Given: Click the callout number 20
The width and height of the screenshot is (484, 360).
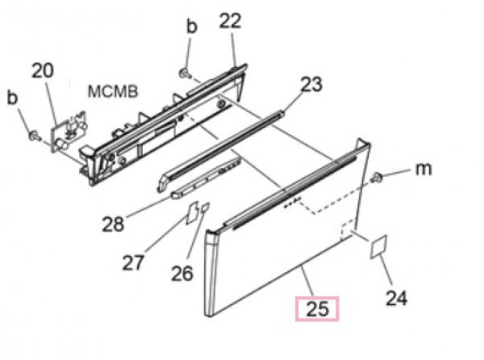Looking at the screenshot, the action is pyautogui.click(x=43, y=71).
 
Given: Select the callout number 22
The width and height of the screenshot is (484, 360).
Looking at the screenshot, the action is pyautogui.click(x=230, y=21).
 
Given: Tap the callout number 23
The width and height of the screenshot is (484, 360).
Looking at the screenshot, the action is pyautogui.click(x=311, y=84).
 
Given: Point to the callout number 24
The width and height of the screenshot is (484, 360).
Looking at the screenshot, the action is pyautogui.click(x=397, y=298).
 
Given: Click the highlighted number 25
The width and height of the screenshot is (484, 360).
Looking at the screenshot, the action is pyautogui.click(x=318, y=309).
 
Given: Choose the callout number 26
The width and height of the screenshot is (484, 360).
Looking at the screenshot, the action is pyautogui.click(x=182, y=274).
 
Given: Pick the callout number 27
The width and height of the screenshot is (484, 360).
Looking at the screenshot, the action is pyautogui.click(x=133, y=263).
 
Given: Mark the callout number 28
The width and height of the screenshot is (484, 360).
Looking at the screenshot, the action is pyautogui.click(x=113, y=224).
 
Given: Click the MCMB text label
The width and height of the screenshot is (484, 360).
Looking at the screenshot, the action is pyautogui.click(x=113, y=92).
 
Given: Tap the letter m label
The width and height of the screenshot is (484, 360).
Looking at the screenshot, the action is pyautogui.click(x=423, y=169).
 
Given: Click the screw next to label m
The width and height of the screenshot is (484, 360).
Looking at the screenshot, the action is pyautogui.click(x=378, y=178).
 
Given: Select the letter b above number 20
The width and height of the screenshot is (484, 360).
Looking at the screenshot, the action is pyautogui.click(x=12, y=98).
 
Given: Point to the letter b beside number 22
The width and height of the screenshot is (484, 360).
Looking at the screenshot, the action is pyautogui.click(x=192, y=27).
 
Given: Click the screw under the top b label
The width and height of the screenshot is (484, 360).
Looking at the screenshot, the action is pyautogui.click(x=185, y=73).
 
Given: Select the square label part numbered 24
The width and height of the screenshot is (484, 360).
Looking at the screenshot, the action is pyautogui.click(x=378, y=246).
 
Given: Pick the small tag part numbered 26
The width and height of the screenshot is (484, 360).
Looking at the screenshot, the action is pyautogui.click(x=205, y=207).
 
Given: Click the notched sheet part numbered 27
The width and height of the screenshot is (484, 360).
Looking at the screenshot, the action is pyautogui.click(x=192, y=212).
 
